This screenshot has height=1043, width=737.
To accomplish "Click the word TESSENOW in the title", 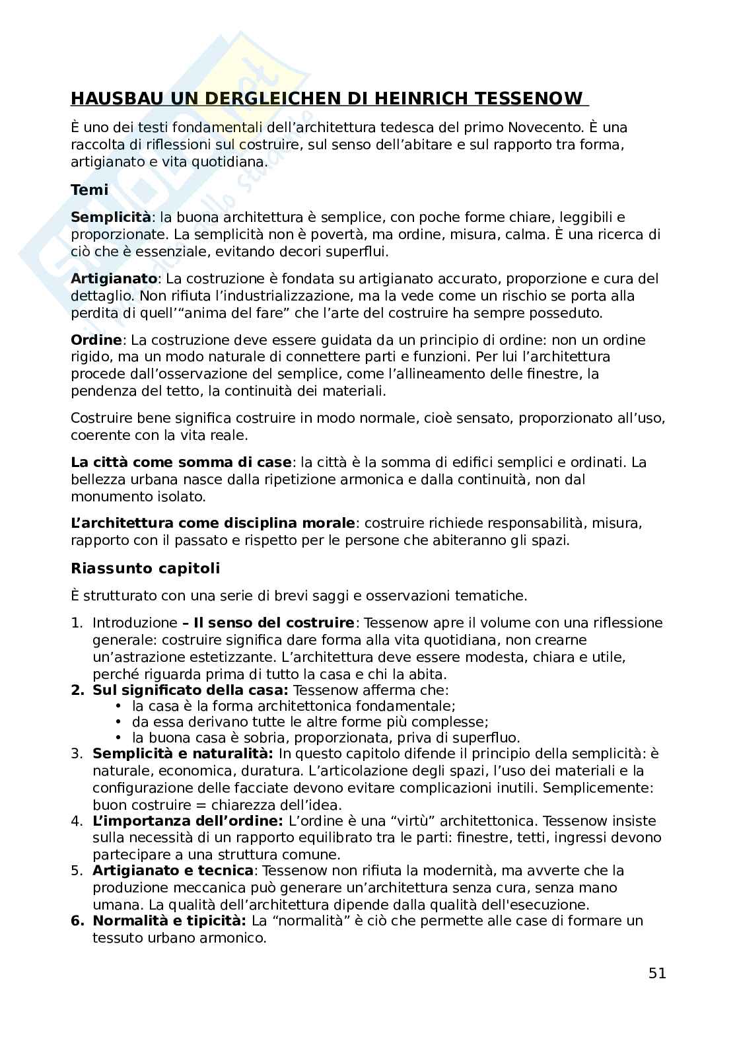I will pos(538,99).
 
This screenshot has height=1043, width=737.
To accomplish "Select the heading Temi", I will pos(89,190).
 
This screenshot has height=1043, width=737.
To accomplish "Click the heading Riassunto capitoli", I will pos(145,569).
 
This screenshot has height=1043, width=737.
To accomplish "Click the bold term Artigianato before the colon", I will pos(114,279).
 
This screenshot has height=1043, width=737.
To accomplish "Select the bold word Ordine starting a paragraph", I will pos(96,340).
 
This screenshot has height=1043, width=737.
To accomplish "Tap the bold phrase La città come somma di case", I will pos(180,462).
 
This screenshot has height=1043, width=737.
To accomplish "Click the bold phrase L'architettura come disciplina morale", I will pos(213,523).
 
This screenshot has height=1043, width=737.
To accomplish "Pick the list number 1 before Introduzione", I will pos(76,623).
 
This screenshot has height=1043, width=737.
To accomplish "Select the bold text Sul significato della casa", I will pos(190,690).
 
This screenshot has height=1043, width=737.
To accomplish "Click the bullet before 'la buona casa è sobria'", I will pos(119,738).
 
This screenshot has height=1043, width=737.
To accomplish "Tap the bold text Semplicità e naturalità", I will pos(182,754).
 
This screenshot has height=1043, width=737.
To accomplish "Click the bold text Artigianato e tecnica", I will pos(172,871).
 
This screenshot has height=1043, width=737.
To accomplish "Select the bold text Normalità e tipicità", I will pos(169,921).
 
